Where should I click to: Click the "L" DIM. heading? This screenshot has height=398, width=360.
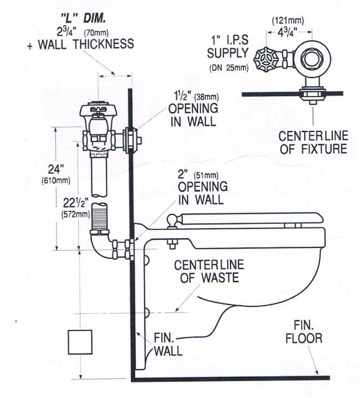(x=84, y=19)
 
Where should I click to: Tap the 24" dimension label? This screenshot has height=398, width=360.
(x=56, y=169)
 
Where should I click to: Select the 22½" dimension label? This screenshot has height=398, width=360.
(x=76, y=203)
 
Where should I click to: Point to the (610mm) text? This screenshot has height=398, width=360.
(x=56, y=181)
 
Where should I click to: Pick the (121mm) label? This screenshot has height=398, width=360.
(x=288, y=20)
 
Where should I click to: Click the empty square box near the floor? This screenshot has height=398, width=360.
(x=80, y=342)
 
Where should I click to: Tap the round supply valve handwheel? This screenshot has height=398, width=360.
(x=266, y=60)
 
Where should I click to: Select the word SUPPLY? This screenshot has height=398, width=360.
(x=228, y=53)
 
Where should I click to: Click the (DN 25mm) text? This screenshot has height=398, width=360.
(x=229, y=68)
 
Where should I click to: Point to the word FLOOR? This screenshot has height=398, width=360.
(x=304, y=338)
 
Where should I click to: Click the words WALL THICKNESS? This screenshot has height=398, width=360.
(x=86, y=44)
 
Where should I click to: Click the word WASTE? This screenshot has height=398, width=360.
(x=220, y=278)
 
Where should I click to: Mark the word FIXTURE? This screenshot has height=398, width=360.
(x=324, y=149)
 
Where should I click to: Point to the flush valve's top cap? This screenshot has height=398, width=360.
(x=98, y=110)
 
